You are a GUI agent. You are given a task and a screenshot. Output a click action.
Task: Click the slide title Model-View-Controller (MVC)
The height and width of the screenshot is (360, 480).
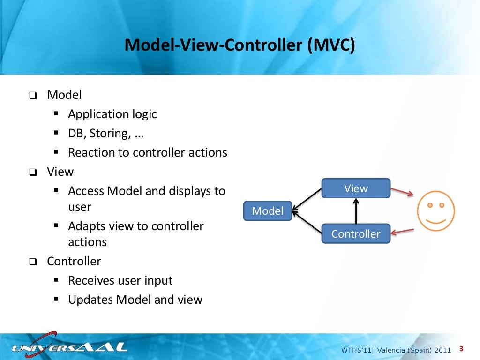click(240, 45)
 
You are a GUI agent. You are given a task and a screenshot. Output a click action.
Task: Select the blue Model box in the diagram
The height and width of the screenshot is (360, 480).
click(268, 211)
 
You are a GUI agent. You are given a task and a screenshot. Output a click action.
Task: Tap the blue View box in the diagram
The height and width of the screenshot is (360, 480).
click(356, 188)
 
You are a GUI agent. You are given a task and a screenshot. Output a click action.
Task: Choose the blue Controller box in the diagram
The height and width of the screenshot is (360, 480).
click(356, 233)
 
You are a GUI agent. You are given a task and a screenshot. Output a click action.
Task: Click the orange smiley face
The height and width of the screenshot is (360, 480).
click(436, 211)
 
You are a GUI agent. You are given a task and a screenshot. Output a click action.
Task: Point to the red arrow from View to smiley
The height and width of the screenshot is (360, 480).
click(402, 192)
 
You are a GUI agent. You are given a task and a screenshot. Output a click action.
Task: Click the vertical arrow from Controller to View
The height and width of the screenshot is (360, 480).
click(356, 211)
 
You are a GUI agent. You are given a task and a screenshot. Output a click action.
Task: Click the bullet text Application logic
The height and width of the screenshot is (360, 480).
click(112, 114)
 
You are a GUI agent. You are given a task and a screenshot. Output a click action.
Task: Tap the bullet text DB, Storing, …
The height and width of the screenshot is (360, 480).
click(106, 133)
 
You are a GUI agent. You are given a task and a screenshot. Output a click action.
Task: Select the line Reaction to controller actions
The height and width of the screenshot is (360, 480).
click(148, 152)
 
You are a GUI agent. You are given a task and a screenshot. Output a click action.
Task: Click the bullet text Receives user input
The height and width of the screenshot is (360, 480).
click(120, 280)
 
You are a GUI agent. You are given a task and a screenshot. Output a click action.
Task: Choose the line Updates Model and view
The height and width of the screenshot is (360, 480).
click(135, 300)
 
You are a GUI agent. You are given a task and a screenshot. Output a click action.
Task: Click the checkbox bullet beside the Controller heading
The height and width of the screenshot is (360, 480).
click(32, 262)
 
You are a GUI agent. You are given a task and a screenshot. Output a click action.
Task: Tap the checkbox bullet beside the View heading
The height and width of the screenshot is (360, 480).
click(32, 172)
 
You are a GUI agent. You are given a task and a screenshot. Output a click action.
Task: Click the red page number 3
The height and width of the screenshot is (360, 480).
click(461, 349)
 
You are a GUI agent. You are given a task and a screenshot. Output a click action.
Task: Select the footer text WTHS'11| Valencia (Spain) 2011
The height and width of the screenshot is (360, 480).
click(396, 350)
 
